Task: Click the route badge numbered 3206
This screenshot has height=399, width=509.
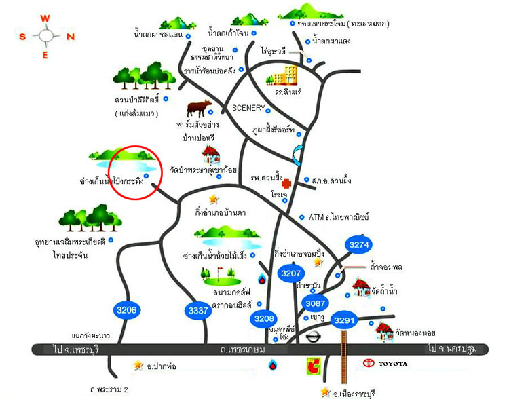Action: pos(126,311)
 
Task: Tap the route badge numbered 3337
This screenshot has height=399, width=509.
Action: pos(197,311)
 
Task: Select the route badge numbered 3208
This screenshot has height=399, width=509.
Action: pos(264,318)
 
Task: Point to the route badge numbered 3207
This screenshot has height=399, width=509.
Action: pos(290,273)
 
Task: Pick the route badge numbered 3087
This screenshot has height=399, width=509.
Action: pos(315,303)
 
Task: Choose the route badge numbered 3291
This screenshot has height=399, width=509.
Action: pos(345,318)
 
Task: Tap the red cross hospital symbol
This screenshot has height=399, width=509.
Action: pos(286,183)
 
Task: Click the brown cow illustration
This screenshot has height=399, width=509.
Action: pos(198,109)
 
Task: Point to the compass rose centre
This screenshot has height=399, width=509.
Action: pos(45,37)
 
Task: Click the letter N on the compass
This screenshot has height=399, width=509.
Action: pos(70,37)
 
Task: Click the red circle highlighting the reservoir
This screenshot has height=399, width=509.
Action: pos(135,172)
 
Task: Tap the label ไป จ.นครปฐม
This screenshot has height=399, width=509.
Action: pos(453,348)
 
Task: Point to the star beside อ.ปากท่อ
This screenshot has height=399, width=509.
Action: pos(139,365)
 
